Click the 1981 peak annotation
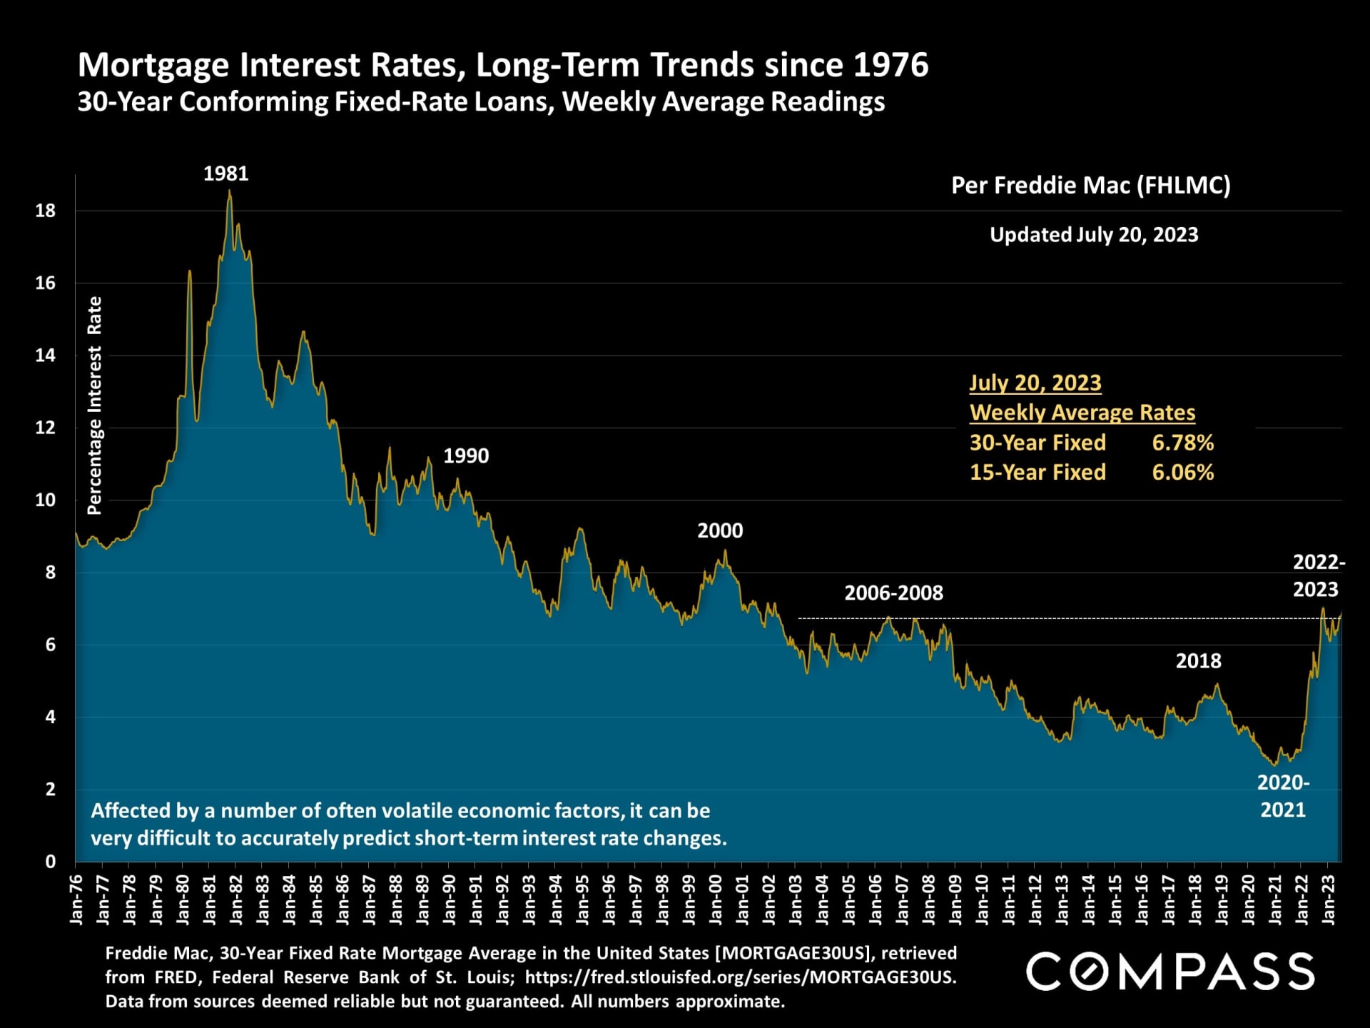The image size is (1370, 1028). [x=225, y=173]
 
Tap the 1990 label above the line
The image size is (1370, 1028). [x=466, y=456]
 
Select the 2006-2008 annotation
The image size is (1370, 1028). [x=893, y=593]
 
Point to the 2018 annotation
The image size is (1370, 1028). [x=1198, y=661]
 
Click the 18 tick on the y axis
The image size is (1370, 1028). [x=46, y=211]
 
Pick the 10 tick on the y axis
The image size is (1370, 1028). [x=46, y=500]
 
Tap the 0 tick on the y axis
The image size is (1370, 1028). [x=50, y=862]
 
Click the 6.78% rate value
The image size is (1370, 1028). [x=1182, y=443]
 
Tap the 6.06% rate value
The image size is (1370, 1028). [x=1182, y=473]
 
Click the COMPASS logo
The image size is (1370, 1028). [x=1169, y=972]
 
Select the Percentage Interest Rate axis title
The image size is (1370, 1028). [x=94, y=405]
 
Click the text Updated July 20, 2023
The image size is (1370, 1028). [x=1094, y=235]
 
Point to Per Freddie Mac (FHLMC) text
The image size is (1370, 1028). [x=1090, y=186]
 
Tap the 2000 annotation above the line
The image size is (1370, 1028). [x=720, y=531]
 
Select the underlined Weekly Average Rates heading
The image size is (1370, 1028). [x=1082, y=413]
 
